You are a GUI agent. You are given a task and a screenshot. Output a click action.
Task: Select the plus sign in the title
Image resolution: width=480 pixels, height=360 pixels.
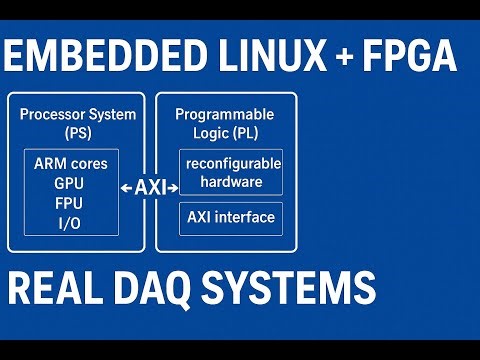tap(345, 57)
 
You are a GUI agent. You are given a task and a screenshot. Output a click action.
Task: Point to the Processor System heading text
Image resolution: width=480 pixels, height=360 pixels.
tap(77, 114)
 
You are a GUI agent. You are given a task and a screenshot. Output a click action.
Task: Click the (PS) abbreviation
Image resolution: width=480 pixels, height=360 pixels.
tap(77, 132)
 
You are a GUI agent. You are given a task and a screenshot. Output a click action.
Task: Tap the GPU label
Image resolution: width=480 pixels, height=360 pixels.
tap(70, 184)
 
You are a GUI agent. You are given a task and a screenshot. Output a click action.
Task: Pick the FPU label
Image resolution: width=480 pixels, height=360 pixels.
tap(70, 203)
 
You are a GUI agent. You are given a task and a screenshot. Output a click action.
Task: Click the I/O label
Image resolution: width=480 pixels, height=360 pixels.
tap(70, 222)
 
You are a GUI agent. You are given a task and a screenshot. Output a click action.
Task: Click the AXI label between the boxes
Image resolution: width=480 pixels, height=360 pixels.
tap(151, 187)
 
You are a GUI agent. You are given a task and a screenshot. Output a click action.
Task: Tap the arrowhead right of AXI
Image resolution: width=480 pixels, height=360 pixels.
tap(175, 187)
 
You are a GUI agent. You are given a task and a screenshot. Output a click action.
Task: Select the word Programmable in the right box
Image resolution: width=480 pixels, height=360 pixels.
tap(224, 114)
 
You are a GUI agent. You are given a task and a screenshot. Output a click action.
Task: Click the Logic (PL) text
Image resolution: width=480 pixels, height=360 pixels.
tap(224, 132)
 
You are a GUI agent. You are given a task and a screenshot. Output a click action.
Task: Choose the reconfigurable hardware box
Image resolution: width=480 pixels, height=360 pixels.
tap(231, 173)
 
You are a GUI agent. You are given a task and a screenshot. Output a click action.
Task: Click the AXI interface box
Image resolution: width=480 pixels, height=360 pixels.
tap(231, 217)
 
